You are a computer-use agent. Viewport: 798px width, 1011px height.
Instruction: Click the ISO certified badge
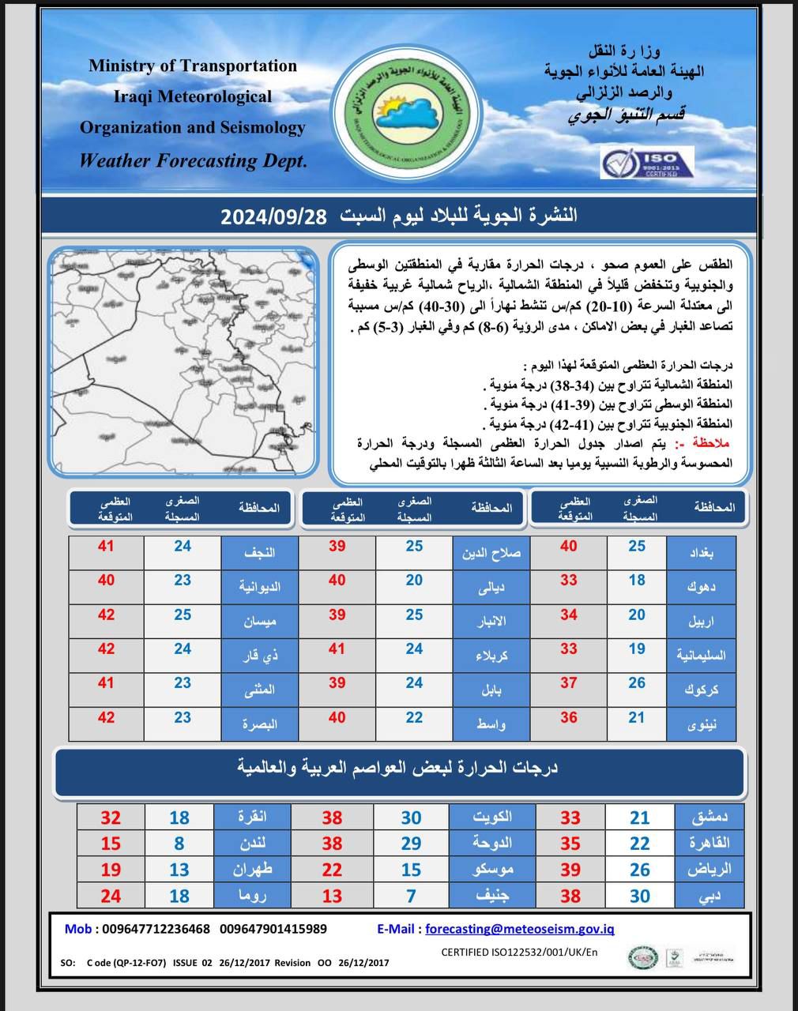[x=646, y=162]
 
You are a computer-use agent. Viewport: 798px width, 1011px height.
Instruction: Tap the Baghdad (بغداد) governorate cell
[x=701, y=553]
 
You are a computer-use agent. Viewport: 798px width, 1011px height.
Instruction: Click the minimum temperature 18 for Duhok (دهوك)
[x=637, y=581]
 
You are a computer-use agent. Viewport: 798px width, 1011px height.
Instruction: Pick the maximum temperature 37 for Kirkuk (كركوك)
[x=569, y=683]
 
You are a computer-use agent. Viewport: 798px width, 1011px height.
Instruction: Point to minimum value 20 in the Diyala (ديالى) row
[x=414, y=581]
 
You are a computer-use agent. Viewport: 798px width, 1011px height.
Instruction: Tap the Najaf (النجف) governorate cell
[x=259, y=553]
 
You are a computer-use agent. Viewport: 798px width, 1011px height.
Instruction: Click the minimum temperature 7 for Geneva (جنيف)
[x=411, y=896]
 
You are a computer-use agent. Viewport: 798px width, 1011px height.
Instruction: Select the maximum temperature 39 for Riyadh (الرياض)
[x=570, y=870]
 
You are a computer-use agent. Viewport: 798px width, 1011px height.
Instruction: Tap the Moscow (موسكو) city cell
[x=491, y=870]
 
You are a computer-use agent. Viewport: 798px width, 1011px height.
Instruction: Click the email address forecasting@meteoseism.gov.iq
[x=519, y=929]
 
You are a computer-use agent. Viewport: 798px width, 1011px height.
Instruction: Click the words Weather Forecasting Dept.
[x=192, y=160]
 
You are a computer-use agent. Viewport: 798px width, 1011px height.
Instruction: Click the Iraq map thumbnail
[x=183, y=361]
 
